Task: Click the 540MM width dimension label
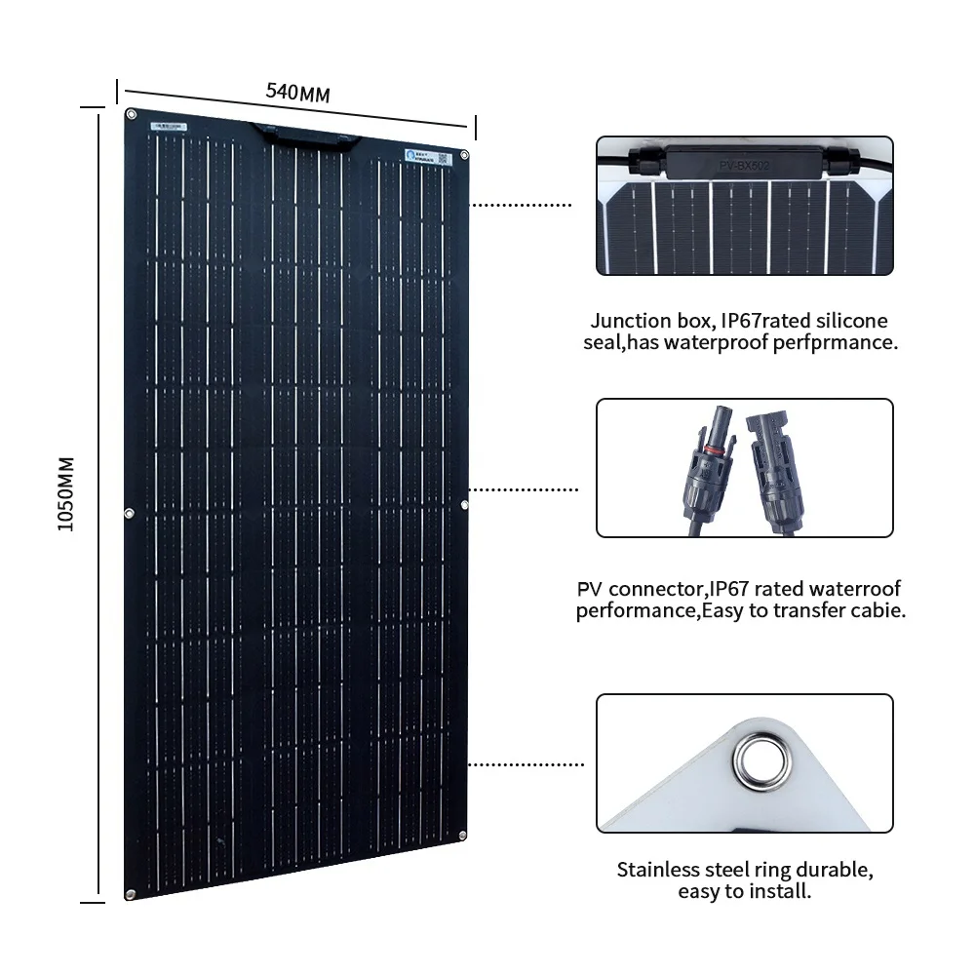(x=298, y=93)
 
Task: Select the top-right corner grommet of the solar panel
(x=465, y=154)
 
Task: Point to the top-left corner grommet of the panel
(x=130, y=115)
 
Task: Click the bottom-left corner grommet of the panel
(x=129, y=894)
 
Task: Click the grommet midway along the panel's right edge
(x=465, y=504)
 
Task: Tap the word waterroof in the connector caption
(x=852, y=589)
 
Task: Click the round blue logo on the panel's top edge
(x=410, y=152)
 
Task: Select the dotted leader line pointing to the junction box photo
(x=522, y=206)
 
